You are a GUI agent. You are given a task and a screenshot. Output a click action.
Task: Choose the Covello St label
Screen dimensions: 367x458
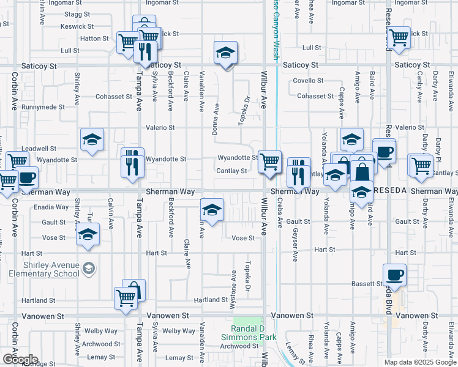tap(308, 81)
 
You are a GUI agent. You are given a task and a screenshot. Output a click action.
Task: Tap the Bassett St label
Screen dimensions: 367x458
tap(367, 284)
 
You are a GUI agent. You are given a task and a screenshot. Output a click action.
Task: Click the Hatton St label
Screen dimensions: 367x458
tap(94, 38)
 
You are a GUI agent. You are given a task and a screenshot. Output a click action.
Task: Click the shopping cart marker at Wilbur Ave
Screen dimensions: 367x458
tap(269, 162)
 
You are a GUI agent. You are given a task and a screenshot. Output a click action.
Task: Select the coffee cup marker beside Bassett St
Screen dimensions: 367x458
tap(394, 275)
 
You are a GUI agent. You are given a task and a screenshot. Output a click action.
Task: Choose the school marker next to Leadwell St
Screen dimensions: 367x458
tap(92, 140)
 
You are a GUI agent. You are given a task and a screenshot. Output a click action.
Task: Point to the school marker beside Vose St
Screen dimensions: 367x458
tap(88, 234)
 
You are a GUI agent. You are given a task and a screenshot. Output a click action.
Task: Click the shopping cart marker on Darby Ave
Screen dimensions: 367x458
tap(421, 165)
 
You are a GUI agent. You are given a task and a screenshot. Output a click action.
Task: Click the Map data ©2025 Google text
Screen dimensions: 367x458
tap(419, 362)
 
